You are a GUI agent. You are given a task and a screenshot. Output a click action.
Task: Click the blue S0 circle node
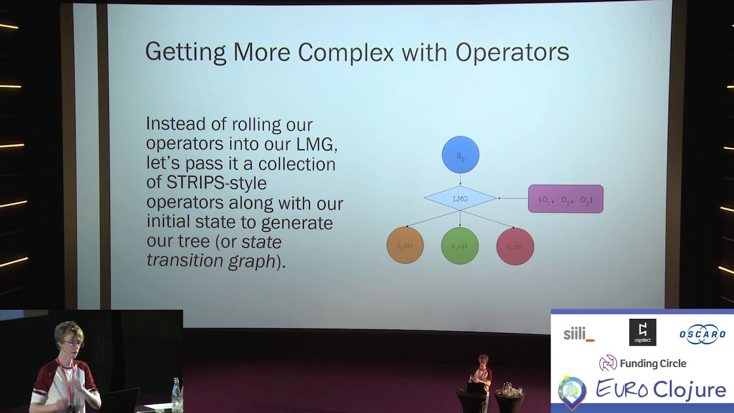click(x=460, y=155)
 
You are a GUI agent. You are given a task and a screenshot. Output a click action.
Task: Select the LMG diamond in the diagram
click(x=460, y=198)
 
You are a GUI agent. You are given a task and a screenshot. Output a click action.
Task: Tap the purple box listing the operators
click(x=565, y=199)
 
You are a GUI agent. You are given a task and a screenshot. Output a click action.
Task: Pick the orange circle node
click(x=405, y=246)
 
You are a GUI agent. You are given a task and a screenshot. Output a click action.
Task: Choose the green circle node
click(x=460, y=246)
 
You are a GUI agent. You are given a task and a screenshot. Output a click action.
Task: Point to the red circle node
click(x=515, y=247)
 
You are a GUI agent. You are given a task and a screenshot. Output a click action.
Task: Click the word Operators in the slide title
click(x=512, y=52)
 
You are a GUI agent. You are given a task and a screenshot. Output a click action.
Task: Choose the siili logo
click(x=579, y=333)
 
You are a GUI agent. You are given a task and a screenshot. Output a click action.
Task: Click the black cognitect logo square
click(x=642, y=333)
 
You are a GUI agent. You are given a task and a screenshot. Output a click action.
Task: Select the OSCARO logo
click(x=702, y=334)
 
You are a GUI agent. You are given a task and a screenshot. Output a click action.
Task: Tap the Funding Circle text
click(x=653, y=363)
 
